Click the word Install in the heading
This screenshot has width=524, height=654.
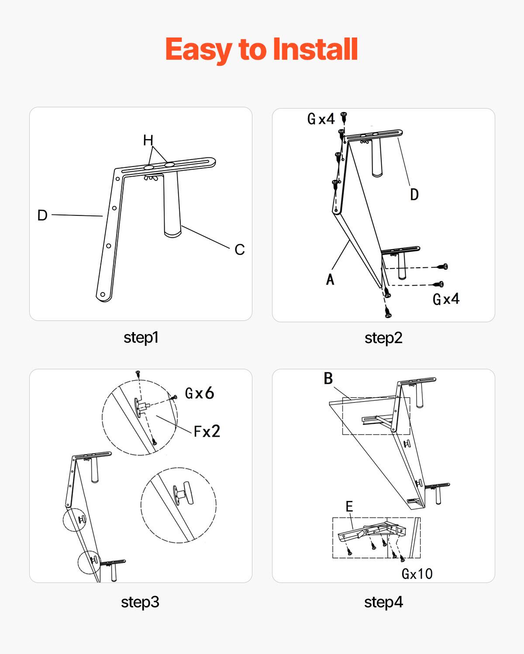(315, 49)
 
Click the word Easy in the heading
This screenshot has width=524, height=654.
(198, 49)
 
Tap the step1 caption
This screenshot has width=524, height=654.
(141, 337)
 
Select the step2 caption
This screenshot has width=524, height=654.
(383, 338)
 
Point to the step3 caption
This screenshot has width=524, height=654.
(140, 602)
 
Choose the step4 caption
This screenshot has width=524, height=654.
(383, 602)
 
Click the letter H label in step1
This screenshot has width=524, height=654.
(148, 140)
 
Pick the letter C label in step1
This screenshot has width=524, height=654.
(239, 249)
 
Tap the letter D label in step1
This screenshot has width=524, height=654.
(42, 215)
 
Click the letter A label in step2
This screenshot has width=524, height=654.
(330, 279)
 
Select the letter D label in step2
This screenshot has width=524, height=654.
(414, 194)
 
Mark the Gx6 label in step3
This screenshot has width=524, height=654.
(200, 393)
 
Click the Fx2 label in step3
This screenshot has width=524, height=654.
(207, 432)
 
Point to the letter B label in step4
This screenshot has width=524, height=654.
(328, 378)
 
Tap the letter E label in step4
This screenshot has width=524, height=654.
(349, 506)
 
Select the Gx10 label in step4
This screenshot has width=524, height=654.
(417, 574)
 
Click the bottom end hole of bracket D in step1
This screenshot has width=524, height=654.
(103, 294)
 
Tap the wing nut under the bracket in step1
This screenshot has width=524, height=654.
(151, 177)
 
